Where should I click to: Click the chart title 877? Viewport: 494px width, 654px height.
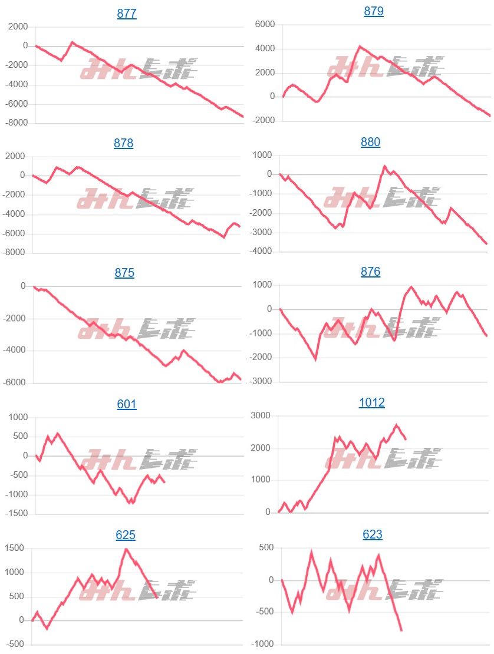pos(127,14)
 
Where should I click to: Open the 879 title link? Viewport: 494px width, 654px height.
pos(374,11)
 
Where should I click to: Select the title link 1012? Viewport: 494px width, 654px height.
pos(371,402)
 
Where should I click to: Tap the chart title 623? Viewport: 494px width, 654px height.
pos(373,534)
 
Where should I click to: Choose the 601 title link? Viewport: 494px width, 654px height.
pos(127,404)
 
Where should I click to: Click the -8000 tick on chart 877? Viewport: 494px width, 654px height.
pos(17,123)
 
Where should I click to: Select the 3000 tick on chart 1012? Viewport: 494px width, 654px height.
pos(261,416)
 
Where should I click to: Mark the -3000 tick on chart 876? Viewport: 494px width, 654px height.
pos(262,381)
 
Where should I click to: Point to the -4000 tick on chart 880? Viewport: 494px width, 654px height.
pos(262,252)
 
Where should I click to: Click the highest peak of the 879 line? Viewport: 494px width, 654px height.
pos(360,45)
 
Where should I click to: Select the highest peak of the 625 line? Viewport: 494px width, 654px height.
pos(126,549)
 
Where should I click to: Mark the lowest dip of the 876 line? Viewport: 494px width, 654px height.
pos(315,359)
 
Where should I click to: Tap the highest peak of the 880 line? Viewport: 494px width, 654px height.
pos(384,166)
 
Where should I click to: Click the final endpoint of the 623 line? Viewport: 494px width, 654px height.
pos(401,630)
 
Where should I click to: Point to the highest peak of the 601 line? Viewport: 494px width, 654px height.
pos(57,433)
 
